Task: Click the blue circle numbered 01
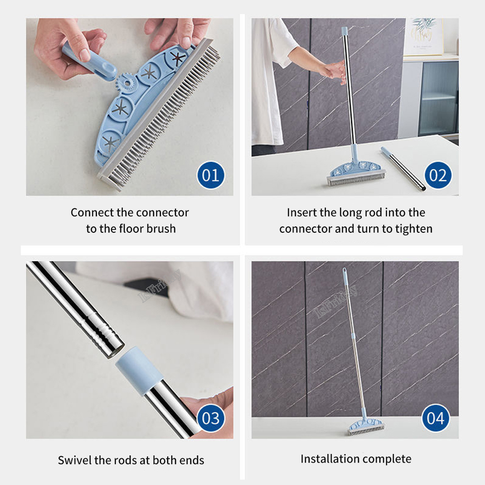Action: (x=210, y=175)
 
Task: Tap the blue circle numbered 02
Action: (x=438, y=175)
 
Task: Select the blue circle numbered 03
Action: (x=210, y=418)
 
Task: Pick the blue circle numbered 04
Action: (x=436, y=418)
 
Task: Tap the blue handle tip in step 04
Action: (x=344, y=274)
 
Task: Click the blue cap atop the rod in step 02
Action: (x=344, y=31)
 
